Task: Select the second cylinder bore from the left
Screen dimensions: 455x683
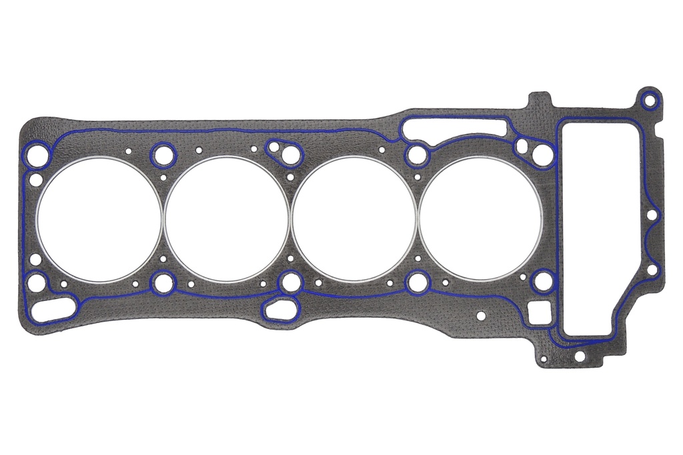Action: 227,219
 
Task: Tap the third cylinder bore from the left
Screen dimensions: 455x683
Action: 354,219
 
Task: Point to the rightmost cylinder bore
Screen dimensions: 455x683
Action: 481,219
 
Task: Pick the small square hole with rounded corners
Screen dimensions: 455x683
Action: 540,312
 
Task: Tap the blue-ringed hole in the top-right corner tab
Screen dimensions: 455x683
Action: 649,101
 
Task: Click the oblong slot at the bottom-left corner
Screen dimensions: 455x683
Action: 55,310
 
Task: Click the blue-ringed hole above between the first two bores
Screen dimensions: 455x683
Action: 162,156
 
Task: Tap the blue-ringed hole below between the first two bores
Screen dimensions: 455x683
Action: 163,283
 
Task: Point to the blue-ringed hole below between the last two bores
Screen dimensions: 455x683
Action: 417,282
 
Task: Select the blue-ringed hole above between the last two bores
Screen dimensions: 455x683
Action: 416,155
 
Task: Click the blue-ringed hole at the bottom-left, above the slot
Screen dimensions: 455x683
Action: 37,283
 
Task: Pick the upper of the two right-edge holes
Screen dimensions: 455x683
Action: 652,215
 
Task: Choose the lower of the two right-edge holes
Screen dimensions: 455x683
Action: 653,270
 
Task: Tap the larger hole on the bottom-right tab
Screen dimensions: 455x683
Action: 579,356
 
